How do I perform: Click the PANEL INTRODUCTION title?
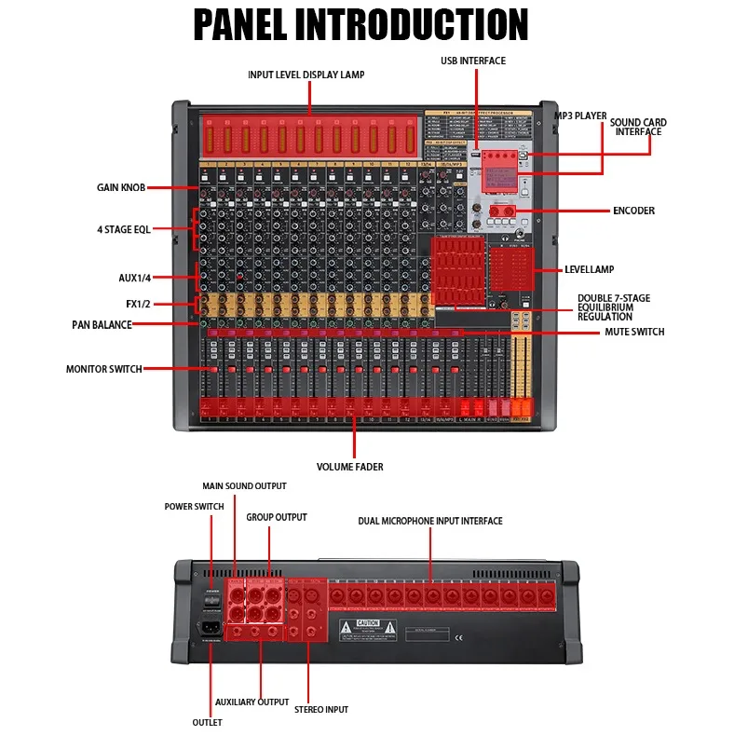tap(360, 25)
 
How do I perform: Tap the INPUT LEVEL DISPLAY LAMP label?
tap(306, 75)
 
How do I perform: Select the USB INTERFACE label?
tap(473, 61)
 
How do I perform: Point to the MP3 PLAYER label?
tap(580, 116)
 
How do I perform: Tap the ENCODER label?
tap(633, 211)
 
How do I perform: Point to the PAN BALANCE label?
tap(102, 325)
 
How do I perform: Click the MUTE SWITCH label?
tap(634, 332)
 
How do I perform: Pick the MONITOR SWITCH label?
tap(103, 369)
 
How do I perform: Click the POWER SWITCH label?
tap(194, 507)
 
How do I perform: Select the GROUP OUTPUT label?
tap(276, 517)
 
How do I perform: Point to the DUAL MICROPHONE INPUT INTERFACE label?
tap(429, 521)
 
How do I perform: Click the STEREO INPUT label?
tap(321, 710)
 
